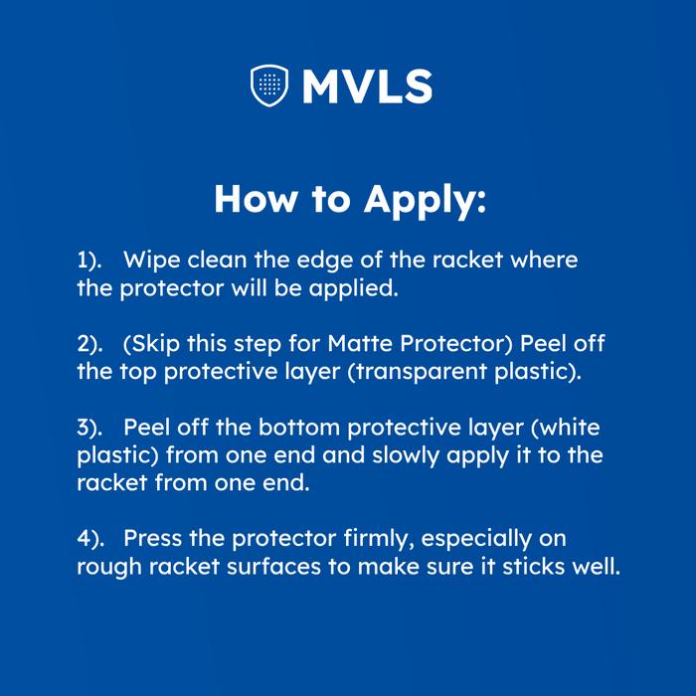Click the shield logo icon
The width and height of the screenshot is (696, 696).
(269, 86)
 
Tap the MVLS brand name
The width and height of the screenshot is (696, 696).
(368, 87)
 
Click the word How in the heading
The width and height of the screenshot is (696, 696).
(256, 199)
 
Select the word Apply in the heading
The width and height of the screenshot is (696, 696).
(425, 202)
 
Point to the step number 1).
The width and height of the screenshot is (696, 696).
(89, 261)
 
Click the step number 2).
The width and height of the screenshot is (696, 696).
(90, 344)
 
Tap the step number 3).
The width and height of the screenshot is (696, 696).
(90, 427)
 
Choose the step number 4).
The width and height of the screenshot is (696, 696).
(90, 538)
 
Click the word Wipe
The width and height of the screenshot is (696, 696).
(152, 260)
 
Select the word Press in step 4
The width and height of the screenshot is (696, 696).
(153, 538)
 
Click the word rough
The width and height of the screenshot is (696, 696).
(109, 568)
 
